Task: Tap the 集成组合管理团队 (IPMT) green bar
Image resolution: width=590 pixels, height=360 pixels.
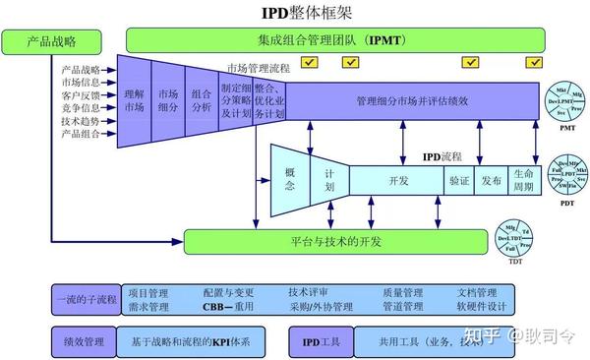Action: [334, 40]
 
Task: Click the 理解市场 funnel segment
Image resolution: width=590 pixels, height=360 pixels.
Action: [134, 100]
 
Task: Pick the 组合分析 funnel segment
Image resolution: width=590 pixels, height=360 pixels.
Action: [201, 100]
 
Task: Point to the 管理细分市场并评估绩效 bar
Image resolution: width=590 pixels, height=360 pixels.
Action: [412, 100]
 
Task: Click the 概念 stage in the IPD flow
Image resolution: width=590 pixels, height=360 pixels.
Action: [289, 179]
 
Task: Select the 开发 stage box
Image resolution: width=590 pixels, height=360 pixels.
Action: [397, 181]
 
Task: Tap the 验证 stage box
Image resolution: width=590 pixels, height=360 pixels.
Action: [459, 181]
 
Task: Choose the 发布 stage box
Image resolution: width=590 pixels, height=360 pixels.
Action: [492, 181]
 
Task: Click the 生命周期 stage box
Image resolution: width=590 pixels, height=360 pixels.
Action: [524, 181]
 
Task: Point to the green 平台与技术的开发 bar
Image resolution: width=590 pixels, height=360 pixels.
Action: [334, 241]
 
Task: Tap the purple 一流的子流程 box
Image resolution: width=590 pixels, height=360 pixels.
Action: [86, 299]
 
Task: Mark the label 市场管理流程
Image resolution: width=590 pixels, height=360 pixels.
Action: [259, 69]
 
